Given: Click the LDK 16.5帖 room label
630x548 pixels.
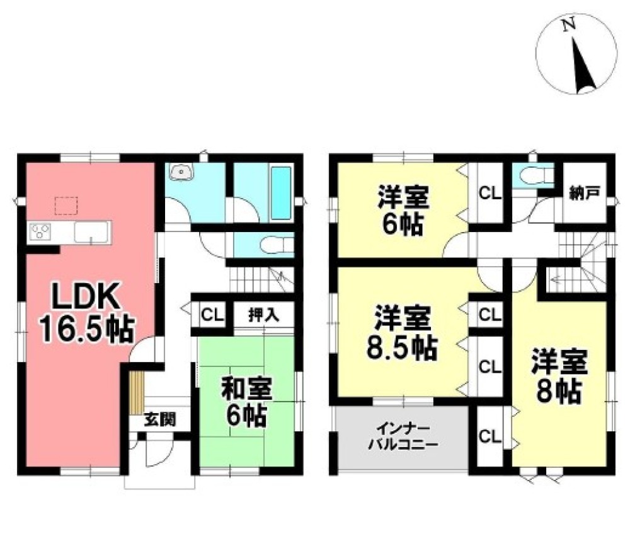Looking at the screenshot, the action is click(x=86, y=312).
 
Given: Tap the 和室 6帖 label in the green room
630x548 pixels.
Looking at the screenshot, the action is click(x=247, y=402).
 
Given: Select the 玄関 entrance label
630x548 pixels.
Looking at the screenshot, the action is click(x=160, y=419).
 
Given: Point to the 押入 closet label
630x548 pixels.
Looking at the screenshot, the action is click(x=263, y=315).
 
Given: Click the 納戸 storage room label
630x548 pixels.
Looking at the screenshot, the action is click(x=584, y=194).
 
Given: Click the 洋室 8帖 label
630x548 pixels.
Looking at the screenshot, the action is click(x=559, y=376).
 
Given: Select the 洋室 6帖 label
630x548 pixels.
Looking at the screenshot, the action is click(x=403, y=209).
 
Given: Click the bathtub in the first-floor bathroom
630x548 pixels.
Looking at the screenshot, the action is click(x=281, y=193).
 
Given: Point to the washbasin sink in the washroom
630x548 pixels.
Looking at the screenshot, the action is click(x=181, y=172).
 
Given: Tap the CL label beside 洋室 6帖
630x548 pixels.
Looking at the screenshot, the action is click(x=490, y=194).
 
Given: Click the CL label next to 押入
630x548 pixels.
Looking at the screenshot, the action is click(x=212, y=315).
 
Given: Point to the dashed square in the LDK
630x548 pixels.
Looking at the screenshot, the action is click(x=66, y=206).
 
